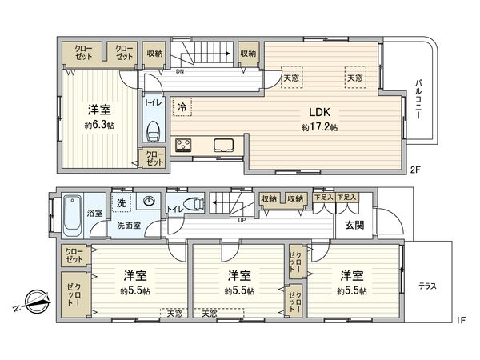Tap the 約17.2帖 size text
[319, 127]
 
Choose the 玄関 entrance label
[355, 226]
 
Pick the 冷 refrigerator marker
[182, 107]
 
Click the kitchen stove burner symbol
[183, 145]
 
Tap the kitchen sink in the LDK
[223, 146]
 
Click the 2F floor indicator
[414, 170]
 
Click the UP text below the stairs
[241, 219]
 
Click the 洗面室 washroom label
[124, 226]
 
